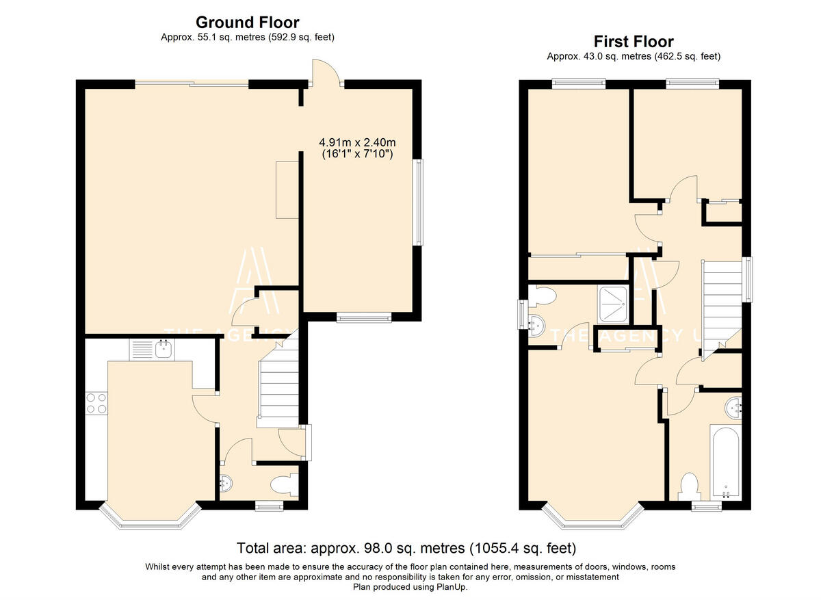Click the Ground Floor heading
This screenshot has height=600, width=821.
point(248,23)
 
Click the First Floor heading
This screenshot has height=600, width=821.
point(634,42)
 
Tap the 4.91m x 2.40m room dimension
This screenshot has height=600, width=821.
point(357,142)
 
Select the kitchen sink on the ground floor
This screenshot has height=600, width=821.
point(152,350)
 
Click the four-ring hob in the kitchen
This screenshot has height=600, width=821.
point(96,403)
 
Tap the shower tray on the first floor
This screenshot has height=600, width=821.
point(612,305)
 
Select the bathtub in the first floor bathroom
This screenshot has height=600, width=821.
point(725,462)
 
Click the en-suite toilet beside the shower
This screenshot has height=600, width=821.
point(542,296)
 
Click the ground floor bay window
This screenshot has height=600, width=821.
point(151,517)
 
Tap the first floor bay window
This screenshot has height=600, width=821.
point(592,517)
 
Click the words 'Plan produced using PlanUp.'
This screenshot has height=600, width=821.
point(410,587)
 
